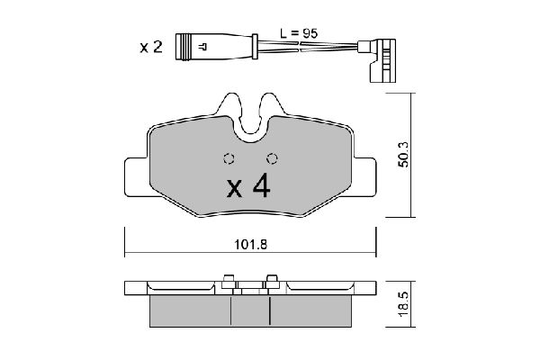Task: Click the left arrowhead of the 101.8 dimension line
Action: pyautogui.click(x=127, y=254)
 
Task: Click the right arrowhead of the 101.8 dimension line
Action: pyautogui.click(x=372, y=254)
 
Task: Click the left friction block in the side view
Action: pyautogui.click(x=189, y=311)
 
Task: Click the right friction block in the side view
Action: pyautogui.click(x=310, y=311)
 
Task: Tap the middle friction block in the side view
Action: pyautogui.click(x=251, y=311)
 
